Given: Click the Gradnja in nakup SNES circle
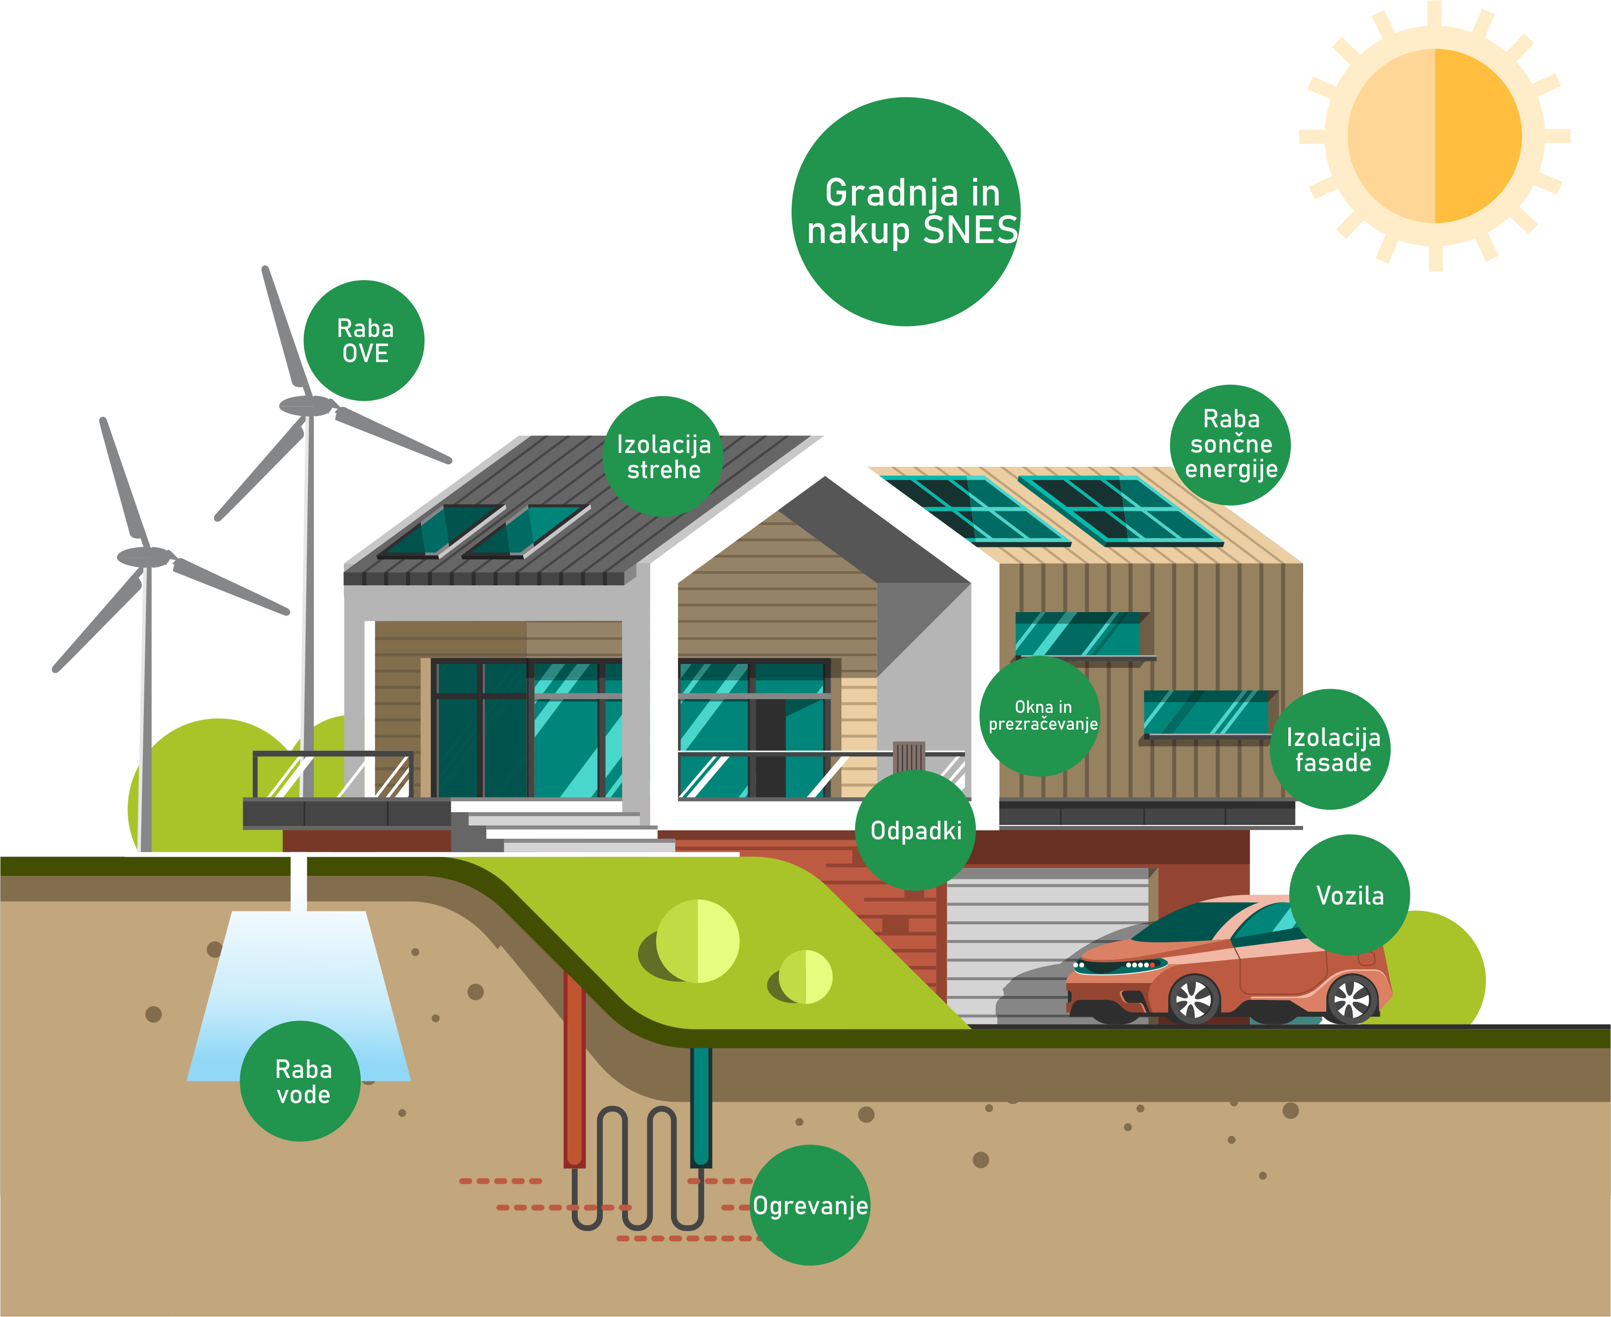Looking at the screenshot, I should coord(906,211).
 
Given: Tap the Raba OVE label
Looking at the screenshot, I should coord(364,341).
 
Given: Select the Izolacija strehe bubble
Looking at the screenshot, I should coord(663,456).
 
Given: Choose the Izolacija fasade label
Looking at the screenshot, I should coord(1330,749).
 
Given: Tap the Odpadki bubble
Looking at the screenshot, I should coord(915,831).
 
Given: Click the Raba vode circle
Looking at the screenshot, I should coord(300,1081).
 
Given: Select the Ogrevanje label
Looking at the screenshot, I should coord(809,1205).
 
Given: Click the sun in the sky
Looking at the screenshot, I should coord(1434,136).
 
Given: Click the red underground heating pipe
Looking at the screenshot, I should coord(574,1070).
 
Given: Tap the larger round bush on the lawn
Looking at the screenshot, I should coord(697,941).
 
